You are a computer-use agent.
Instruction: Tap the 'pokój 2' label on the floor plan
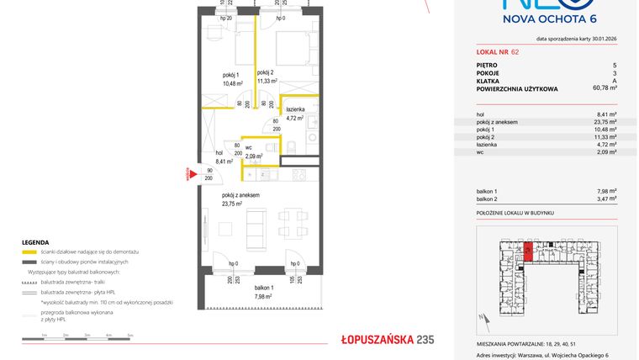click(267, 72)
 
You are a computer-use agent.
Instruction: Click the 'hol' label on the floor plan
click(219, 152)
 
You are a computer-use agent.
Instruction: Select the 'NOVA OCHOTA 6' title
click(549, 19)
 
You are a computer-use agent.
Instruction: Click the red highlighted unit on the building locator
click(527, 251)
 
